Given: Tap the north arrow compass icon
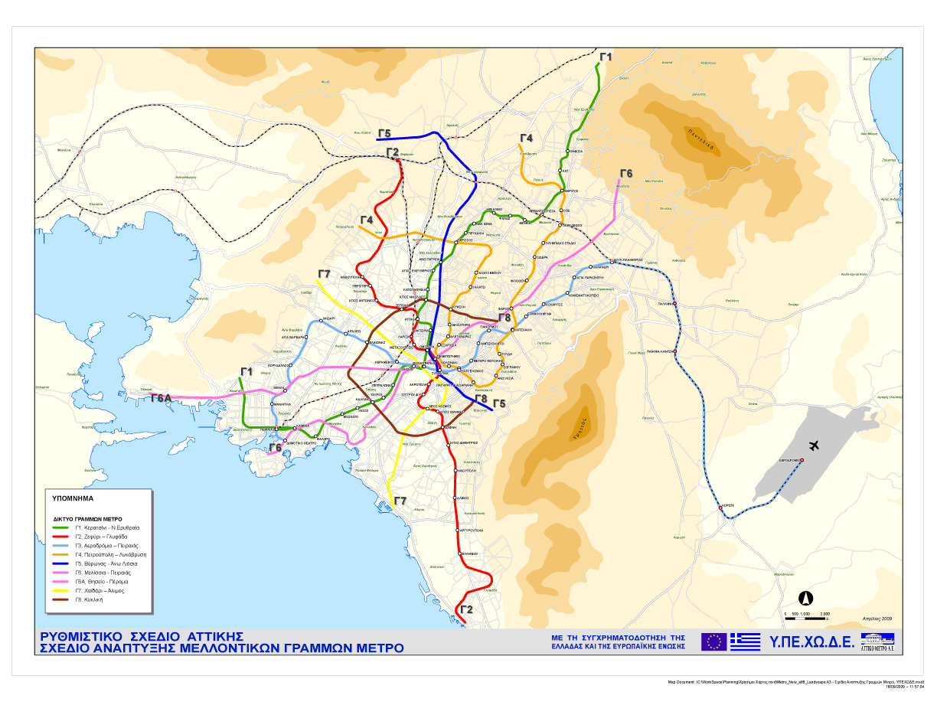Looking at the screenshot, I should [806, 598].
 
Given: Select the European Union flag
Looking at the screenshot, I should [713, 641].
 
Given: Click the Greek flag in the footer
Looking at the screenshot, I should [745, 641].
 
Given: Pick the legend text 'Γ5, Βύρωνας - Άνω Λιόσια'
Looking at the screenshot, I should [110, 563].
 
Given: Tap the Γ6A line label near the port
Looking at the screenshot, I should [161, 398].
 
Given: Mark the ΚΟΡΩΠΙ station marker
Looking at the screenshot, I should [721, 506].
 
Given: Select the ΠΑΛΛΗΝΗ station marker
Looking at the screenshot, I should [675, 305].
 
